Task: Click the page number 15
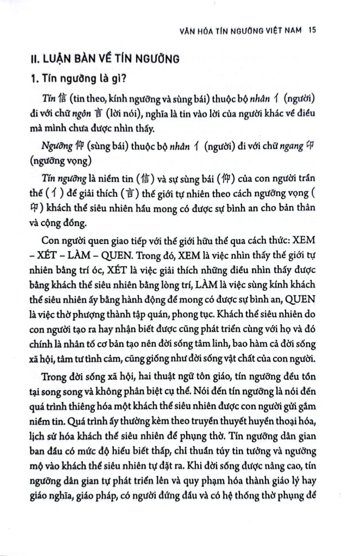[311, 30]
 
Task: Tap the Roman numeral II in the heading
[35, 59]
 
